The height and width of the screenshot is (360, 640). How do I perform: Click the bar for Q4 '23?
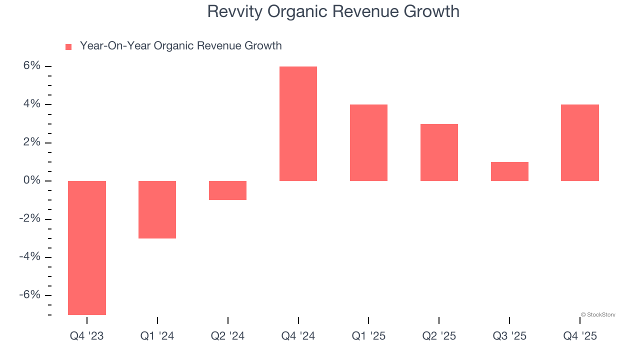tap(87, 247)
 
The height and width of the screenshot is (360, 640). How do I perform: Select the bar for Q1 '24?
tap(157, 209)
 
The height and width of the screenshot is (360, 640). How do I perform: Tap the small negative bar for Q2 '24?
tap(227, 190)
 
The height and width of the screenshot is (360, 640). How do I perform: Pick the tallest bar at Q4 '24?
tap(298, 123)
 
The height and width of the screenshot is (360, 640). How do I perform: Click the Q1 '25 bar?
tap(368, 142)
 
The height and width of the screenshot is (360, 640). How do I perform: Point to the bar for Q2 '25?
tap(439, 152)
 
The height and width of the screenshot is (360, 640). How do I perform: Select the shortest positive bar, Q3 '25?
tap(509, 171)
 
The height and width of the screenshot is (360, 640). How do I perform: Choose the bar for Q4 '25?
tap(580, 142)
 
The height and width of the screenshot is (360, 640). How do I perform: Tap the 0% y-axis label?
tap(31, 180)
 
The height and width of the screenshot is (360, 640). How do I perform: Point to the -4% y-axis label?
tap(29, 256)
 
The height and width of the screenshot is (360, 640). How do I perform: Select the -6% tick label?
tap(29, 294)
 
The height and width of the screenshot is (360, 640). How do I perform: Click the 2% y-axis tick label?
tap(31, 142)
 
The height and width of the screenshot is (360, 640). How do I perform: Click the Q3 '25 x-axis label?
tap(509, 336)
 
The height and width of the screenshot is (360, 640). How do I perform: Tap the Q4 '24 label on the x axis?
tap(298, 336)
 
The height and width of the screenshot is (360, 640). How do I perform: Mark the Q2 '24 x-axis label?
tap(227, 336)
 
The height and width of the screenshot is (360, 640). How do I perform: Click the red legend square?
tap(68, 46)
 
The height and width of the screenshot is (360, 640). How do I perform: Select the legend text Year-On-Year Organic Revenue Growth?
tap(180, 46)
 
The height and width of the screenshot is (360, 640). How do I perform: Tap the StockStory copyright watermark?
tap(598, 314)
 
